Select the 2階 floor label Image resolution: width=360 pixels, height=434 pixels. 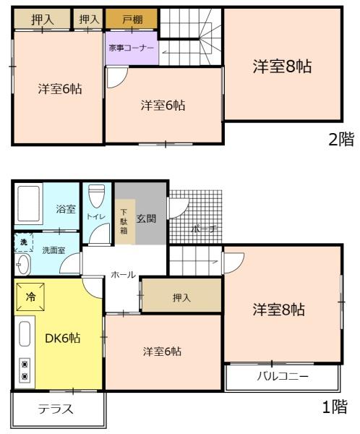340,140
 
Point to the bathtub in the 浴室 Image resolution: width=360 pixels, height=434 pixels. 29,205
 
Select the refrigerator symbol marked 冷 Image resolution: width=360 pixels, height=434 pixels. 30,297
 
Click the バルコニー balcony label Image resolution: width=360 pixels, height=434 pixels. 283,376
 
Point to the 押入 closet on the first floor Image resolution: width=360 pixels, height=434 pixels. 181,297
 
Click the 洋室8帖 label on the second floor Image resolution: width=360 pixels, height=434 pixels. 281,67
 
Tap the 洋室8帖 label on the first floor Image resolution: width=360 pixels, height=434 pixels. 278,310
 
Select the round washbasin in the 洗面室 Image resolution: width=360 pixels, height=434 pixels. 22,264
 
